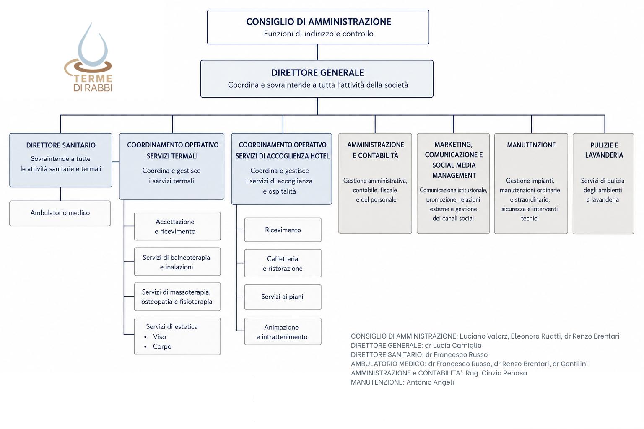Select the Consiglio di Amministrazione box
click(318, 27)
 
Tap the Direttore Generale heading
click(317, 73)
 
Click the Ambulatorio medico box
click(60, 213)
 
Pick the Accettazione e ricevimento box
click(177, 226)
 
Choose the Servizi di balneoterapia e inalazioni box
click(177, 261)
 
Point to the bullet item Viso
click(159, 336)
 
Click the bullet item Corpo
click(162, 346)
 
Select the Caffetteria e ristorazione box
click(283, 263)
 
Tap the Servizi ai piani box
click(283, 297)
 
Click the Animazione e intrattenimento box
click(283, 331)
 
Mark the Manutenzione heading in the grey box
click(531, 145)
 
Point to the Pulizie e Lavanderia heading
click(604, 150)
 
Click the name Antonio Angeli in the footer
click(430, 382)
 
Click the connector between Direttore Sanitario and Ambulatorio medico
click(61, 194)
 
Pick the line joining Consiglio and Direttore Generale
click(317, 52)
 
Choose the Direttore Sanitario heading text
click(61, 145)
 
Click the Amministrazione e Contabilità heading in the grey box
click(376, 150)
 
